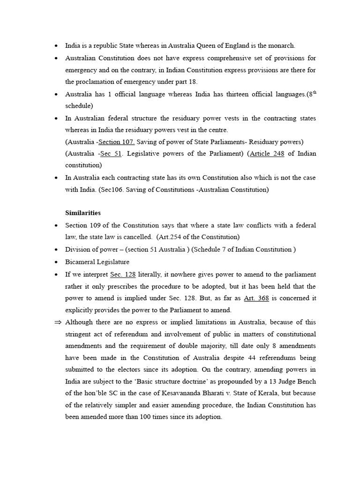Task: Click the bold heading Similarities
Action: click(82, 213)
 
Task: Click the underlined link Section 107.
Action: click(117, 142)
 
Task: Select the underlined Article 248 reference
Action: click(267, 154)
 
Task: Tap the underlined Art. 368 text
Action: click(256, 298)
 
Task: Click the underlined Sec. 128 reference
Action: click(123, 274)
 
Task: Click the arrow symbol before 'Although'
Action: click(58, 322)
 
